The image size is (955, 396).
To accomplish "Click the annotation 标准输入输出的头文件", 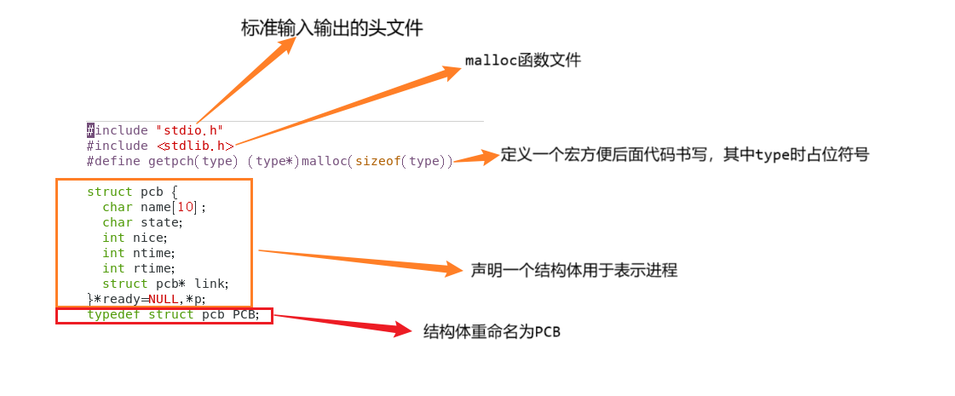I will pyautogui.click(x=331, y=28).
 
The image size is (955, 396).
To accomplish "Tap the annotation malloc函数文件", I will pyautogui.click(x=522, y=60).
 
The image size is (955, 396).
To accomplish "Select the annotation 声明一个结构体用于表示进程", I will pyautogui.click(x=573, y=271).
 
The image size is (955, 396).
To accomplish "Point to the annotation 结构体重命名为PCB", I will pyautogui.click(x=492, y=332).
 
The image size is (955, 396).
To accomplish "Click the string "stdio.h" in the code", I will pyautogui.click(x=189, y=130).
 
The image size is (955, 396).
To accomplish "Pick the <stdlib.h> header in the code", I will pyautogui.click(x=195, y=146).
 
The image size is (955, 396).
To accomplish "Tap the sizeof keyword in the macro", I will pyautogui.click(x=377, y=161).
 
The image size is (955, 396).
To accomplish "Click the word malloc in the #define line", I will pyautogui.click(x=324, y=161).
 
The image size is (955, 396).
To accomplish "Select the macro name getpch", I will pyautogui.click(x=170, y=161).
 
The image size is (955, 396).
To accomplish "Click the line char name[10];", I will pyautogui.click(x=154, y=207).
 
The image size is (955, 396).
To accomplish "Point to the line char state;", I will pyautogui.click(x=142, y=222).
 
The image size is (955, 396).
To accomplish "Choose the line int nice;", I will pyautogui.click(x=135, y=238).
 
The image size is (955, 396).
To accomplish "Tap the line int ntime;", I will pyautogui.click(x=138, y=253).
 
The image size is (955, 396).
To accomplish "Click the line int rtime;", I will pyautogui.click(x=138, y=268).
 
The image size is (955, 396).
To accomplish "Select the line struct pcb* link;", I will pyautogui.click(x=165, y=284).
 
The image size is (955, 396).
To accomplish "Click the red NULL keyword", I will pyautogui.click(x=164, y=299).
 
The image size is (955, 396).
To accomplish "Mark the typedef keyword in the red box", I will pyautogui.click(x=114, y=315).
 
